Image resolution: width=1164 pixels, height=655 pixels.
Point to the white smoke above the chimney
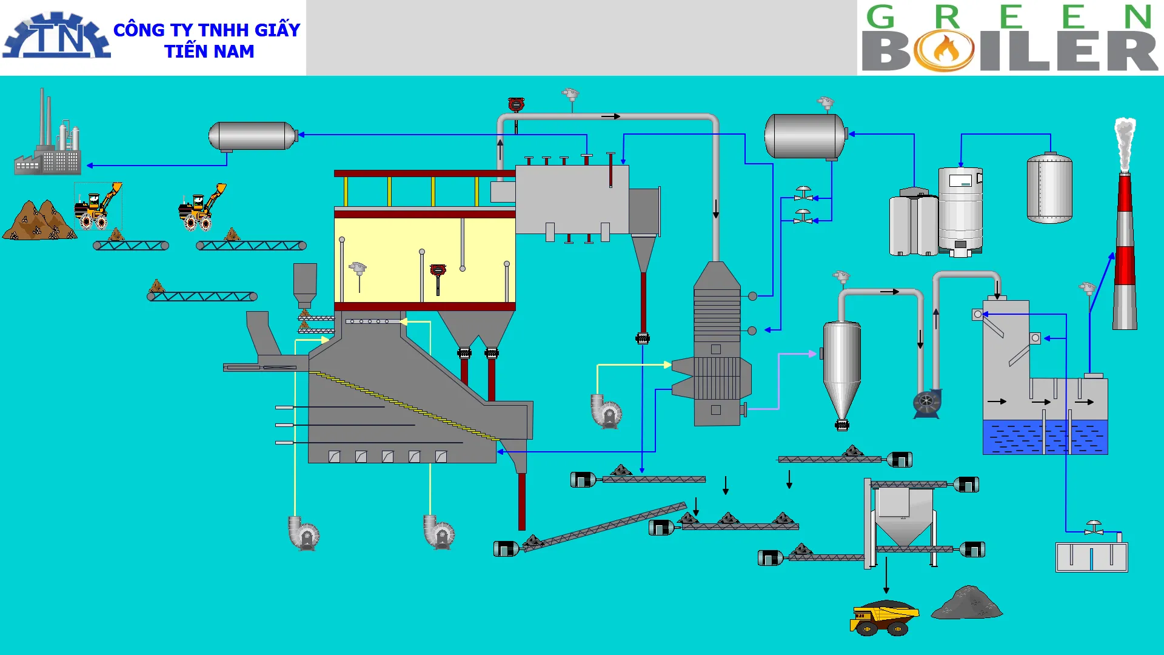coord(1125,143)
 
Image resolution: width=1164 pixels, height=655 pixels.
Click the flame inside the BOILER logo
coord(945,50)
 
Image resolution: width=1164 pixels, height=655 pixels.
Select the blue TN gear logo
coord(56,36)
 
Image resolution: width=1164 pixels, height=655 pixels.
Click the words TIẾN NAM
coord(209,52)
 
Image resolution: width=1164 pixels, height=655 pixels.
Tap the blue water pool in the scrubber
coord(1045,437)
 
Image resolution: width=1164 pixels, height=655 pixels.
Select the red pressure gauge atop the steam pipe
coord(516,105)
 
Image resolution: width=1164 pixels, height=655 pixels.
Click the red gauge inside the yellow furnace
coord(438,271)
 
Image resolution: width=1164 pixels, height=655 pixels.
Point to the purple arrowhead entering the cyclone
coord(812,354)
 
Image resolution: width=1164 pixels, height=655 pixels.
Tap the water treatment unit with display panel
coord(960,209)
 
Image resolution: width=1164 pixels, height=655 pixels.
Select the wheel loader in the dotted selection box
coord(97,206)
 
